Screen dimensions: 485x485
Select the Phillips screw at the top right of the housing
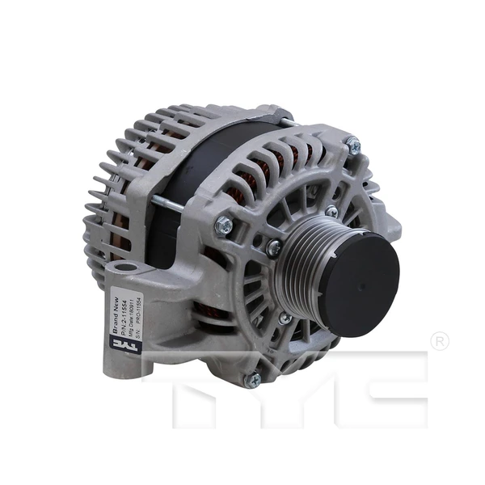click(353, 146)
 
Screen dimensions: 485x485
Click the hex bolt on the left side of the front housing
click(224, 226)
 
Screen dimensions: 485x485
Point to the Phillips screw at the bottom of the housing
click(254, 378)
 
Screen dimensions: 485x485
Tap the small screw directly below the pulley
click(285, 318)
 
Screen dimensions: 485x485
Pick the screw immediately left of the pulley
click(274, 247)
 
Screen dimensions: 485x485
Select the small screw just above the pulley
click(331, 212)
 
